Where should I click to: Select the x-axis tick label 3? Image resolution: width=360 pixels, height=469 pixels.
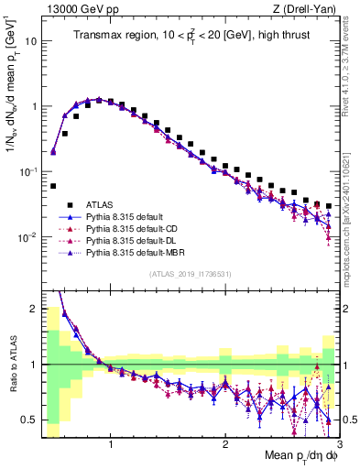point(338,446)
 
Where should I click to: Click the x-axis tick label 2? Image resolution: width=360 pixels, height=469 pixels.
point(224,446)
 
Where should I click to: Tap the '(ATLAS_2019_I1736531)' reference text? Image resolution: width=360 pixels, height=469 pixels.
point(190,274)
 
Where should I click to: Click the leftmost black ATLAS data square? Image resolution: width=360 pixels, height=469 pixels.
point(53,186)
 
